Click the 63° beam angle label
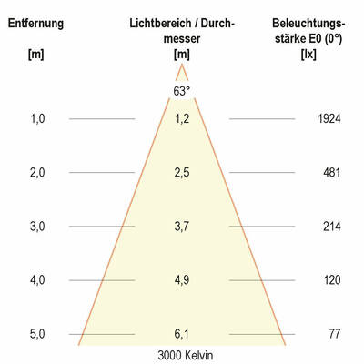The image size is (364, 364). pyautogui.click(x=181, y=91)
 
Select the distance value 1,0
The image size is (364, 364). pyautogui.click(x=37, y=118)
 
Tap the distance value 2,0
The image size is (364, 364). pyautogui.click(x=37, y=172)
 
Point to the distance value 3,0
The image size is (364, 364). pyautogui.click(x=37, y=226)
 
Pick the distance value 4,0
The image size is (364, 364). pyautogui.click(x=37, y=280)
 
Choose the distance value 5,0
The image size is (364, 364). pyautogui.click(x=37, y=334)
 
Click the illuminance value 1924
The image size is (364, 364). pyautogui.click(x=330, y=118)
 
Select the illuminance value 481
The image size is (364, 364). pyautogui.click(x=333, y=172)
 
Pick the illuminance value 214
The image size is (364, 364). pyautogui.click(x=333, y=226)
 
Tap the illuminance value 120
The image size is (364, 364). pyautogui.click(x=333, y=280)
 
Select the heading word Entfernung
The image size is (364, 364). pyautogui.click(x=35, y=22)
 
